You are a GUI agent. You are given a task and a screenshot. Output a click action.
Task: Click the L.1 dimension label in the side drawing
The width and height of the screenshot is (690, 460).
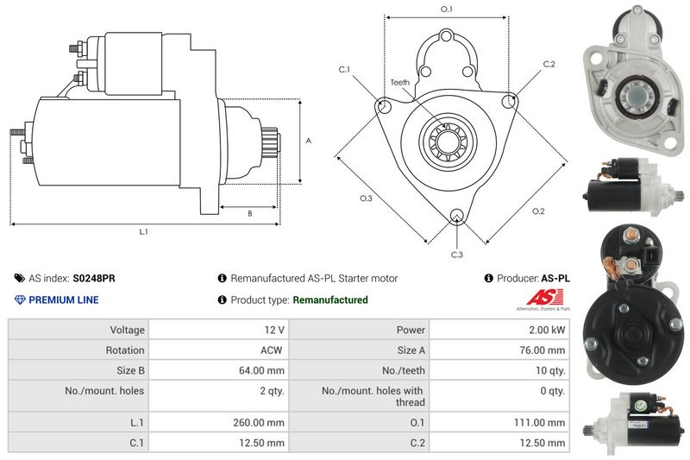click(144, 232)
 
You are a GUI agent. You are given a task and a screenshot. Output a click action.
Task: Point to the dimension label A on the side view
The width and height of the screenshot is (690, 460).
click(308, 141)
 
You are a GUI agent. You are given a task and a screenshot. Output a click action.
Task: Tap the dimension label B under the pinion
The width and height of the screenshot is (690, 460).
click(249, 213)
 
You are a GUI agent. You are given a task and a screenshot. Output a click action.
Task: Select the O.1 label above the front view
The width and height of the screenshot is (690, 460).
click(447, 9)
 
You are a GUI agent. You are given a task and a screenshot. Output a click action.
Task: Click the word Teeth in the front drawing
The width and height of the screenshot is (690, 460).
click(400, 83)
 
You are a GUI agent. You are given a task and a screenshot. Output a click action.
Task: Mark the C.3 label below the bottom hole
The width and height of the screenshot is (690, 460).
click(457, 254)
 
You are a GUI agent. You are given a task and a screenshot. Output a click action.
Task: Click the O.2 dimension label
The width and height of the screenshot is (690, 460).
click(538, 211)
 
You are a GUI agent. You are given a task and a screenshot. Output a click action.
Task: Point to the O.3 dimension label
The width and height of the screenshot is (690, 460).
click(366, 199)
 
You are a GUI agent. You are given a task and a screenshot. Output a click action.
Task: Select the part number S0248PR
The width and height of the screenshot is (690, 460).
click(95, 279)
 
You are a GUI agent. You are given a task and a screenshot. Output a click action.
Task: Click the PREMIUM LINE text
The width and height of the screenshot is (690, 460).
click(64, 300)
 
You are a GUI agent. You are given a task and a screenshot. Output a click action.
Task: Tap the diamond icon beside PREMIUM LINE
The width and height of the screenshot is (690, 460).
click(20, 300)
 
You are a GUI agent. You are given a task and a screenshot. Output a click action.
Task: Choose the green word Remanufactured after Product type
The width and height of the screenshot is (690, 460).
click(330, 300)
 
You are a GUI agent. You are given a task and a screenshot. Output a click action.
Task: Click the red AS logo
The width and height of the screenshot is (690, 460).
click(536, 298)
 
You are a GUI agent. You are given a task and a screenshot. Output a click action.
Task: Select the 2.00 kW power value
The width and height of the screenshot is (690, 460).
click(548, 330)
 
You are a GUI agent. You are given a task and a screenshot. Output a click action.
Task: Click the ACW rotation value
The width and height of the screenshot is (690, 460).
click(272, 350)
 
